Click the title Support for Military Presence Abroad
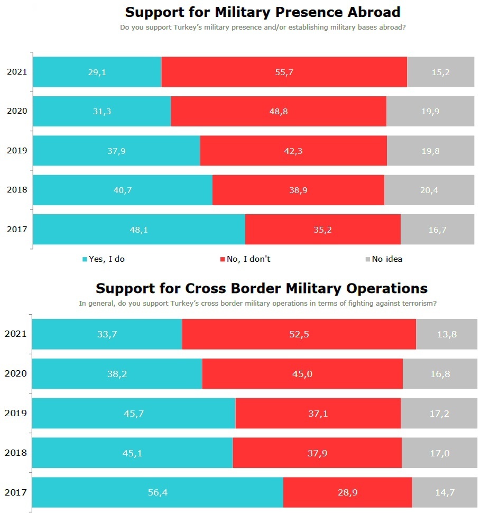click(263, 12)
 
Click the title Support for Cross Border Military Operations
click(262, 288)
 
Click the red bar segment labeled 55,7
click(284, 72)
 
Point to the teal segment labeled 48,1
click(139, 230)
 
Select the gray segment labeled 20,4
click(429, 190)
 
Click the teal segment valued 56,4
click(158, 492)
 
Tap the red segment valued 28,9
click(347, 492)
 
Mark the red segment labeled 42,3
click(293, 151)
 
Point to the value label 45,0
click(302, 374)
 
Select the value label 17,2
click(439, 414)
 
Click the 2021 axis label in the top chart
click(17, 72)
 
